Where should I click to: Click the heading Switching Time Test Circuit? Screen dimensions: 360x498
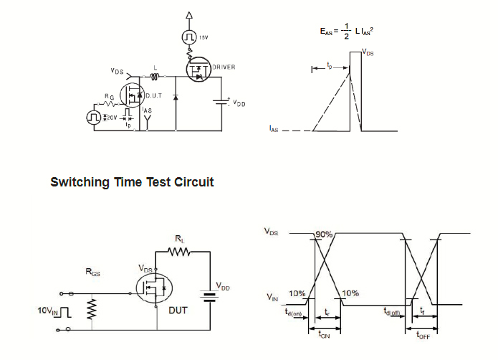132,182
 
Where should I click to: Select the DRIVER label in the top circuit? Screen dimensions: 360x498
224,67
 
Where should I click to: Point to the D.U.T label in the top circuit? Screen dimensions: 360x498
155,95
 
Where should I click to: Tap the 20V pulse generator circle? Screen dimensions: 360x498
93,116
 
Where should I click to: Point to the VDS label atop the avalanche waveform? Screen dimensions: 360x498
368,52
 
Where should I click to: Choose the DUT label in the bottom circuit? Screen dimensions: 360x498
178,310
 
